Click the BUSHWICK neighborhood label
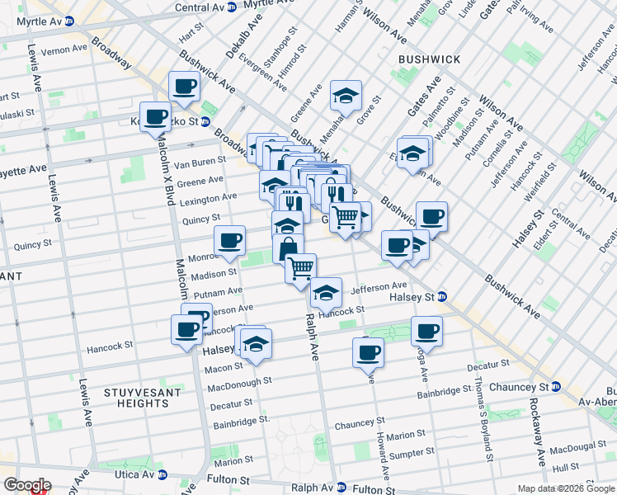(x=428, y=59)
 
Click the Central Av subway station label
(x=206, y=7)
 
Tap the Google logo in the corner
(x=26, y=486)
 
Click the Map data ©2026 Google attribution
(x=565, y=488)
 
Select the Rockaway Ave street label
(x=536, y=433)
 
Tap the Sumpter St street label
(x=413, y=453)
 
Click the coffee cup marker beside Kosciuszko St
(x=154, y=116)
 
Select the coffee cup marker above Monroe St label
(x=229, y=240)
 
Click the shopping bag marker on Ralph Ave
(x=288, y=247)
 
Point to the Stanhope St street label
(x=261, y=50)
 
